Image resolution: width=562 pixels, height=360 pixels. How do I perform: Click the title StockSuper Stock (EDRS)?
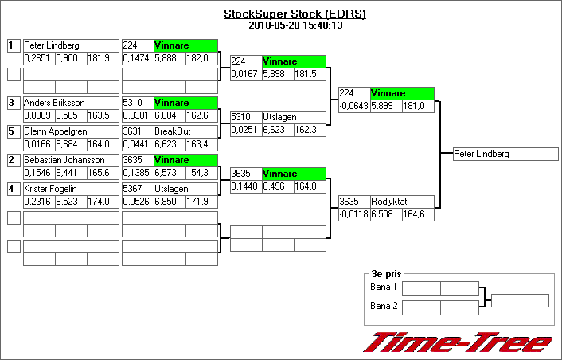tap(295, 14)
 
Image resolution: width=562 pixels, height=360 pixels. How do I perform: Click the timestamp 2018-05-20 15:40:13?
tap(295, 25)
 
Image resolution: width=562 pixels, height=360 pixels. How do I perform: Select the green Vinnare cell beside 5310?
tap(185, 103)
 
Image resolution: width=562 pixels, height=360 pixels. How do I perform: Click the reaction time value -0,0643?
tap(354, 106)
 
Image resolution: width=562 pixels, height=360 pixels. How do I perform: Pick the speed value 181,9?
tap(103, 58)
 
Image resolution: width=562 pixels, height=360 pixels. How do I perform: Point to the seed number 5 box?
tap(13, 131)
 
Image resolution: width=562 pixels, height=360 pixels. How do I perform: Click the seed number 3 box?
tap(13, 103)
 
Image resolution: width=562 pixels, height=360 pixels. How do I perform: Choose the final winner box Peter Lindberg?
tap(505, 154)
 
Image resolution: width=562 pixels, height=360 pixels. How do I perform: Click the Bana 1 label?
tap(384, 287)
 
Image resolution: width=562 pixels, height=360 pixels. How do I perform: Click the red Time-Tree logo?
tap(458, 342)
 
